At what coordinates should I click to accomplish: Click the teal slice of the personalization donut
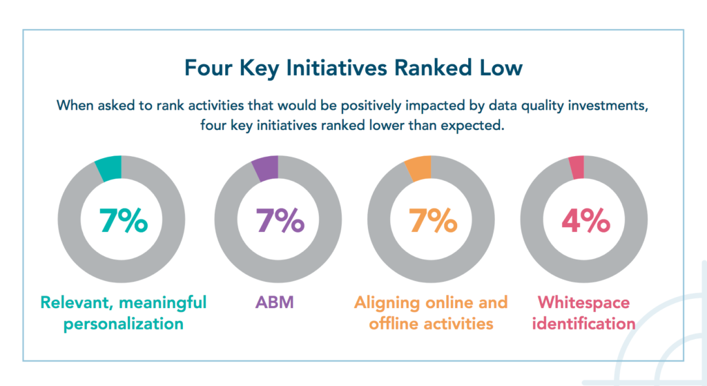109,169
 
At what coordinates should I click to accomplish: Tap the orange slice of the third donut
418,169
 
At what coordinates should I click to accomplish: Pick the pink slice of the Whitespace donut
577,168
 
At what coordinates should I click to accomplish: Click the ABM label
273,302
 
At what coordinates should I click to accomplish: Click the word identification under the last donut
585,323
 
